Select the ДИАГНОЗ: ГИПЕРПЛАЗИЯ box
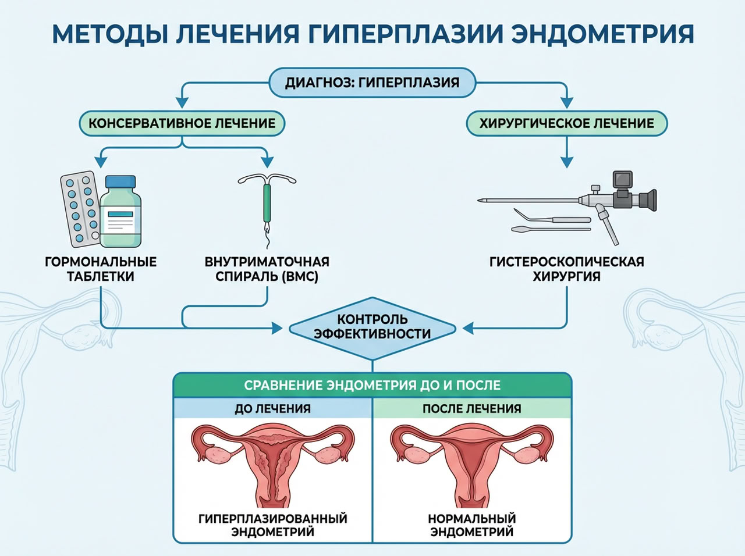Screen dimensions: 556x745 pos(372,83)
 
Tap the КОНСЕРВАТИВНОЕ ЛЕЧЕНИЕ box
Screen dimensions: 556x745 pos(182,123)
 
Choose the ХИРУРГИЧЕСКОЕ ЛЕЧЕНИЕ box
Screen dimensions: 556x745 pos(566,123)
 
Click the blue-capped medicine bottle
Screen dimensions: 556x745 pos(120,213)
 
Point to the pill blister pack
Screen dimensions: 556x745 pos(80,208)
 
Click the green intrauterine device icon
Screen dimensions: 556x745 pos(267,204)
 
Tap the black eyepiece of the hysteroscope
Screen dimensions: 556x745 pos(647,200)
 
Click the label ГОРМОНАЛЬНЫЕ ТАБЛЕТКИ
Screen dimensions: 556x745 pos(101,269)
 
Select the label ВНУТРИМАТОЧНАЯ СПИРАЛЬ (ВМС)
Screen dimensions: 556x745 pos(267,269)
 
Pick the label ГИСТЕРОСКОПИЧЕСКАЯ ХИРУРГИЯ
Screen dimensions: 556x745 pos(566,269)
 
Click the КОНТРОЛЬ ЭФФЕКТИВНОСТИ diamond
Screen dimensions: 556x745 pos(372,327)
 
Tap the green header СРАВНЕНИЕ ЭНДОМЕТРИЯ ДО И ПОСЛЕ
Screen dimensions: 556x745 pos(372,385)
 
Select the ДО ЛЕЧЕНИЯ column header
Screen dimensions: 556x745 pos(272,408)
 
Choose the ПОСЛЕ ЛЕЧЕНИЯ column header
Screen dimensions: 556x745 pos(471,408)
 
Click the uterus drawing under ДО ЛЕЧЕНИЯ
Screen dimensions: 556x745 pos(273,462)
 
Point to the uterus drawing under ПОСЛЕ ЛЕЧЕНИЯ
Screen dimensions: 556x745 pos(471,462)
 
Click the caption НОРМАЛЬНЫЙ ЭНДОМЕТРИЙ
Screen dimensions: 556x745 pos(471,525)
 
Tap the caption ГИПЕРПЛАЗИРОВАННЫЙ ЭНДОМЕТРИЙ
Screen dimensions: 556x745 pos(272,525)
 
